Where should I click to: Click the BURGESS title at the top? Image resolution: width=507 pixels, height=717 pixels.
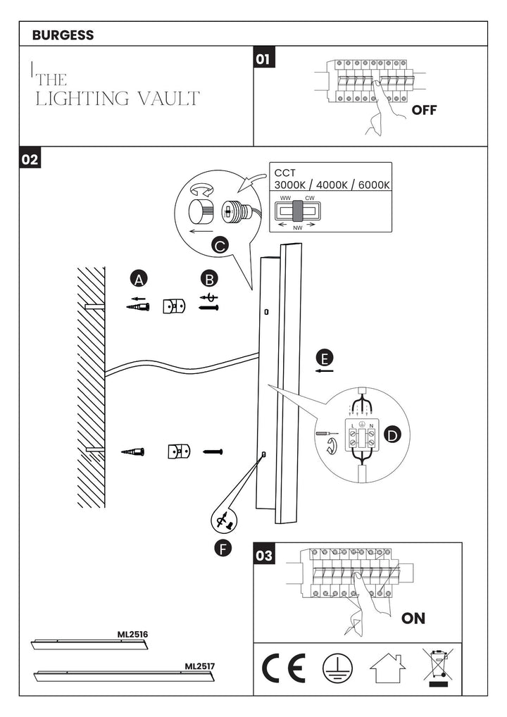point(63,35)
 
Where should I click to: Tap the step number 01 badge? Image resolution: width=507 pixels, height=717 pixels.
point(264,59)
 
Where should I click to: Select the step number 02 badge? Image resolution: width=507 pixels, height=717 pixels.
point(30,159)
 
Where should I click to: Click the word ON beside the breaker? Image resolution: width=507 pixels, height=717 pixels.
point(413,618)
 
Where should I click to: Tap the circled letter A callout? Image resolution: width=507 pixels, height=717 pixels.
point(139,280)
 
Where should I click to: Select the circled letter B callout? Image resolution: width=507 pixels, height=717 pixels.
point(208,279)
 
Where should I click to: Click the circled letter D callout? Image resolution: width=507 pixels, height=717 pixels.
point(392,436)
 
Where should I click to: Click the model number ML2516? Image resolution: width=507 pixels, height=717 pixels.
point(132,634)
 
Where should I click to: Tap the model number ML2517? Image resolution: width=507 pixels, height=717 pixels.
point(200,664)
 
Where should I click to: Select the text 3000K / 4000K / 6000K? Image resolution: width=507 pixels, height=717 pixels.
point(332,185)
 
